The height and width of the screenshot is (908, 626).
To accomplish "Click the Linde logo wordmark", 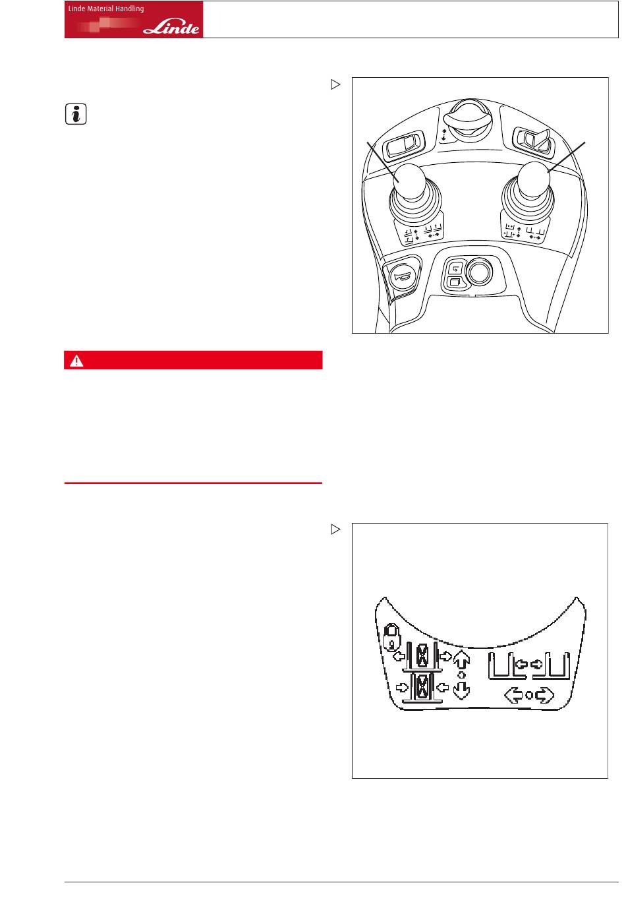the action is click(171, 27).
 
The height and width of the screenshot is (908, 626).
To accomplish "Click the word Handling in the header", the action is click(129, 9).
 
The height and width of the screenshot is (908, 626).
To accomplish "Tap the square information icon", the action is click(76, 114).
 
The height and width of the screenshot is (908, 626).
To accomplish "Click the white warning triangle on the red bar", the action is click(76, 360).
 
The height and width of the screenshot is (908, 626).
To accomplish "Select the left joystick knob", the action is click(409, 181).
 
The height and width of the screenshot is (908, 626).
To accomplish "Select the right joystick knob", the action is click(534, 180).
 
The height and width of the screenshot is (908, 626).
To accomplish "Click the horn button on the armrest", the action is click(402, 277).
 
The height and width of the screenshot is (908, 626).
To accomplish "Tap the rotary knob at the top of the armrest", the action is click(468, 120).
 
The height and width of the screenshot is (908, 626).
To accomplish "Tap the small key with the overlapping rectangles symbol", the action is click(455, 282).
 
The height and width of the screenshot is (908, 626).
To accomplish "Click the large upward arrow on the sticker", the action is click(461, 659).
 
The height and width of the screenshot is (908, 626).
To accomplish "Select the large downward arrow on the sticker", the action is click(461, 690).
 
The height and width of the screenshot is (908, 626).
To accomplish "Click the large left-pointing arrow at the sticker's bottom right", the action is click(513, 695).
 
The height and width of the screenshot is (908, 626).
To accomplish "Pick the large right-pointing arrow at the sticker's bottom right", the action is click(544, 695).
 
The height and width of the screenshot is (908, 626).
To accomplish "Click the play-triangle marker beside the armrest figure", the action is click(335, 84).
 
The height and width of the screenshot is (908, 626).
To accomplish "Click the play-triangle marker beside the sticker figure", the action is click(335, 529).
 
